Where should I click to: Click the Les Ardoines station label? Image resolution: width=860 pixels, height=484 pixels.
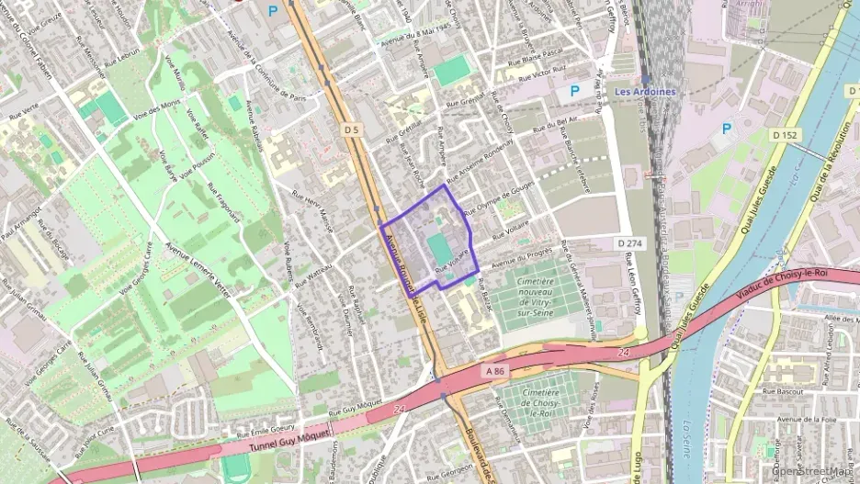[644, 92]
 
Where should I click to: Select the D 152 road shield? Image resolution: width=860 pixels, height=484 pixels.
[783, 135]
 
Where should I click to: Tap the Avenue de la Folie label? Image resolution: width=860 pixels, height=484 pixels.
[809, 420]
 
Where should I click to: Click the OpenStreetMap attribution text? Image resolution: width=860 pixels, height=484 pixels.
[813, 471]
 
